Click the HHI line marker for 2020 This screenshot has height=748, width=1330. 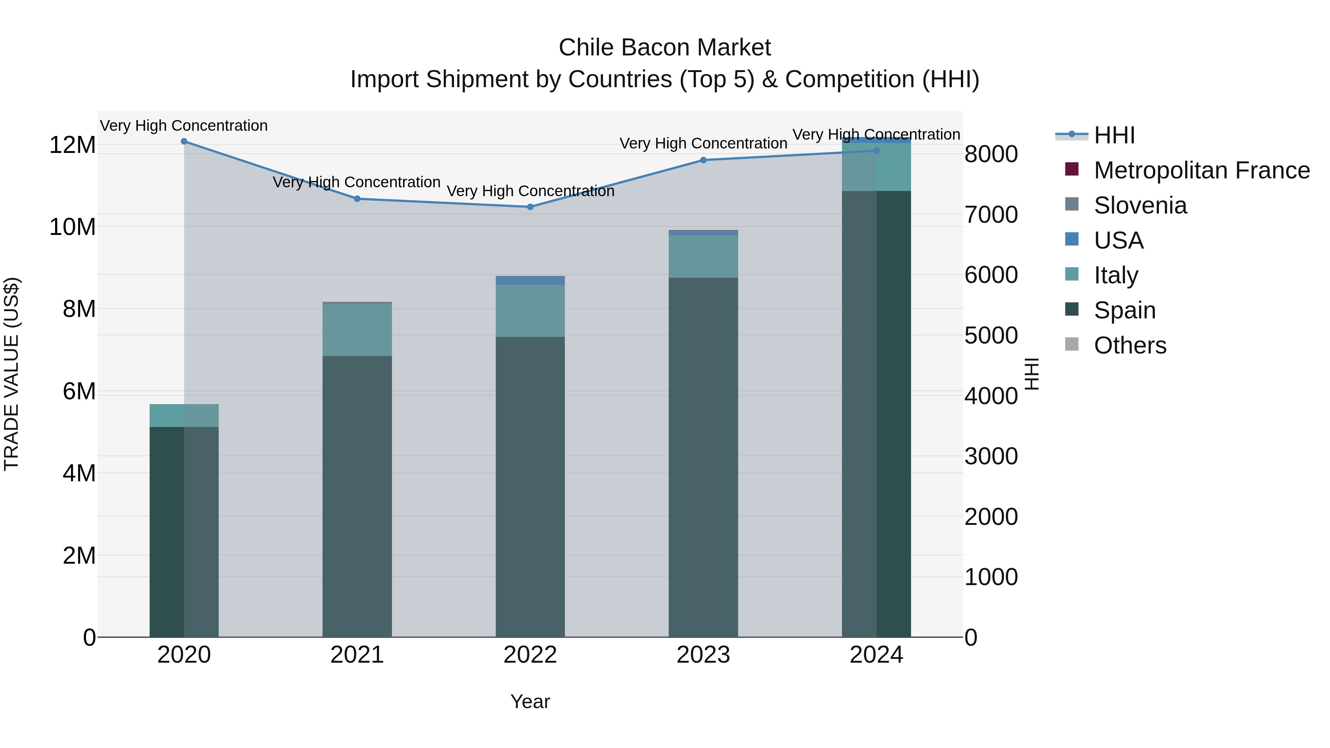pyautogui.click(x=184, y=141)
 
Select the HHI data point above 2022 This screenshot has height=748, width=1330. pyautogui.click(x=530, y=207)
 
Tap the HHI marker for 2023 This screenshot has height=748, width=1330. pyautogui.click(x=703, y=160)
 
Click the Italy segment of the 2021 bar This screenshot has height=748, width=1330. pyautogui.click(x=357, y=330)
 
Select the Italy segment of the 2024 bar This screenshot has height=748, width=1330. pyautogui.click(x=876, y=167)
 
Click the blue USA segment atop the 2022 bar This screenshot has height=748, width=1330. pyautogui.click(x=530, y=280)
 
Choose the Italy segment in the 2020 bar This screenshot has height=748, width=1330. pyautogui.click(x=184, y=416)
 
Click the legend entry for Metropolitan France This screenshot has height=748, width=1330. pyautogui.click(x=1201, y=170)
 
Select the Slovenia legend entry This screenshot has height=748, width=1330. pyautogui.click(x=1140, y=205)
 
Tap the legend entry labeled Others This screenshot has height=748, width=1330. pyautogui.click(x=1130, y=345)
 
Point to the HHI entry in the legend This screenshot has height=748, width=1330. pyautogui.click(x=1114, y=135)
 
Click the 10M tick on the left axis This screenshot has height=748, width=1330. pyautogui.click(x=72, y=227)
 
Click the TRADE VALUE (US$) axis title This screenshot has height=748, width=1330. pyautogui.click(x=11, y=374)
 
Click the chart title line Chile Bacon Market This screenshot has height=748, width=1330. pyautogui.click(x=665, y=48)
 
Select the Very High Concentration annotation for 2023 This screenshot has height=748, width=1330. pyautogui.click(x=703, y=144)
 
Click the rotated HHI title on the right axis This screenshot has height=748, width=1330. pyautogui.click(x=1031, y=374)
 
